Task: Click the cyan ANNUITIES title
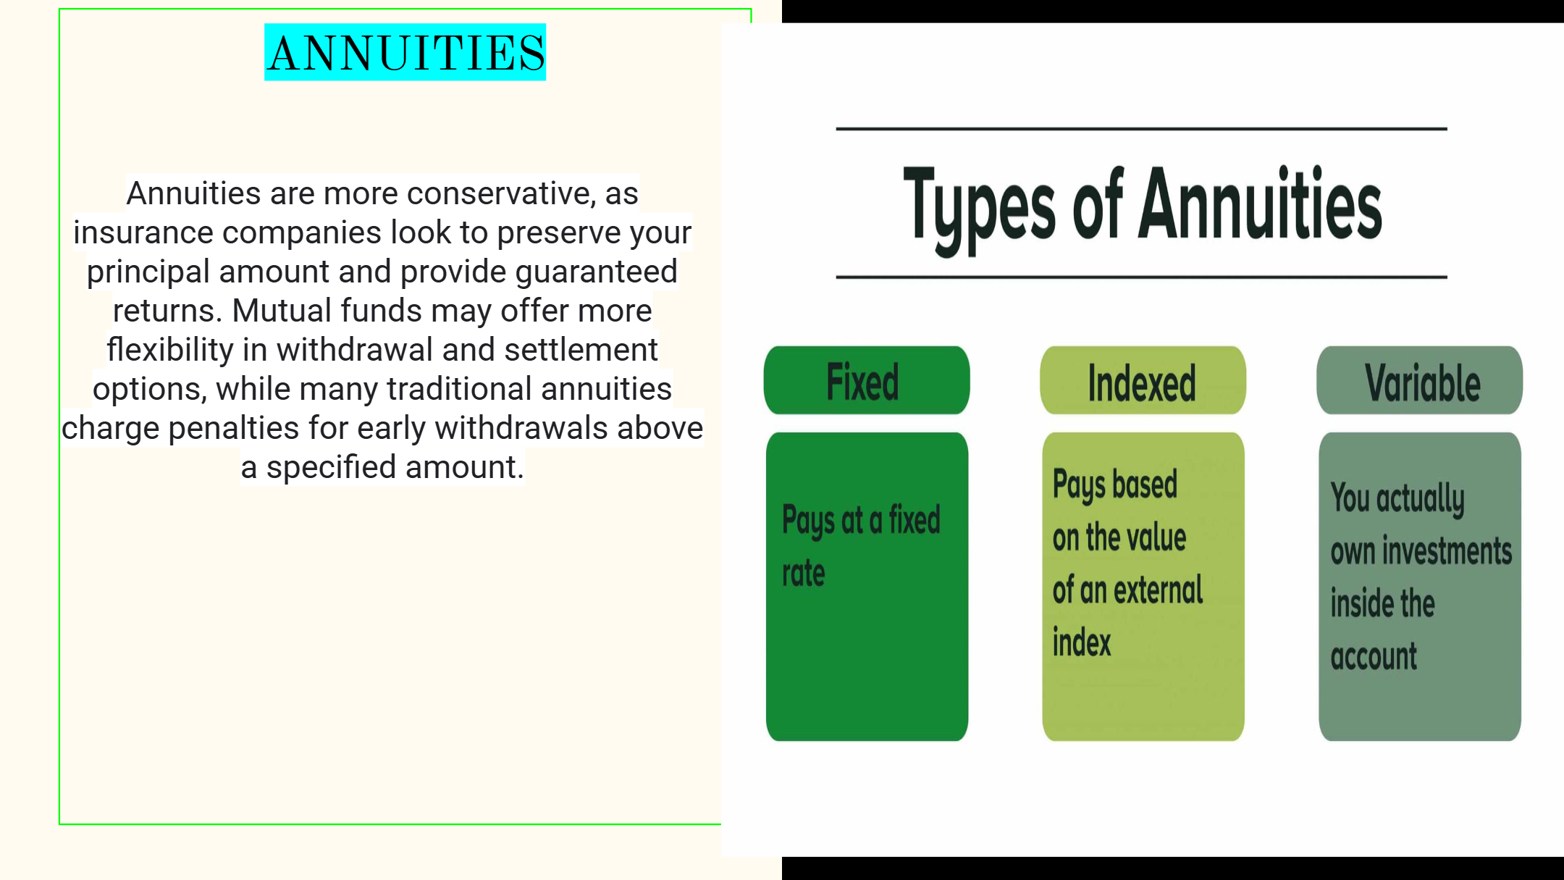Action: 405,52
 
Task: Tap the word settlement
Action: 581,350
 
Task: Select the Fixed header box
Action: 867,380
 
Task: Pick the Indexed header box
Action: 1143,380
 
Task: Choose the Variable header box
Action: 1419,380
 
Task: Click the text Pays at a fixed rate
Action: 861,546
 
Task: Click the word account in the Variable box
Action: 1374,657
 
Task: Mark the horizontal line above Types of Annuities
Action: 1141,129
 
